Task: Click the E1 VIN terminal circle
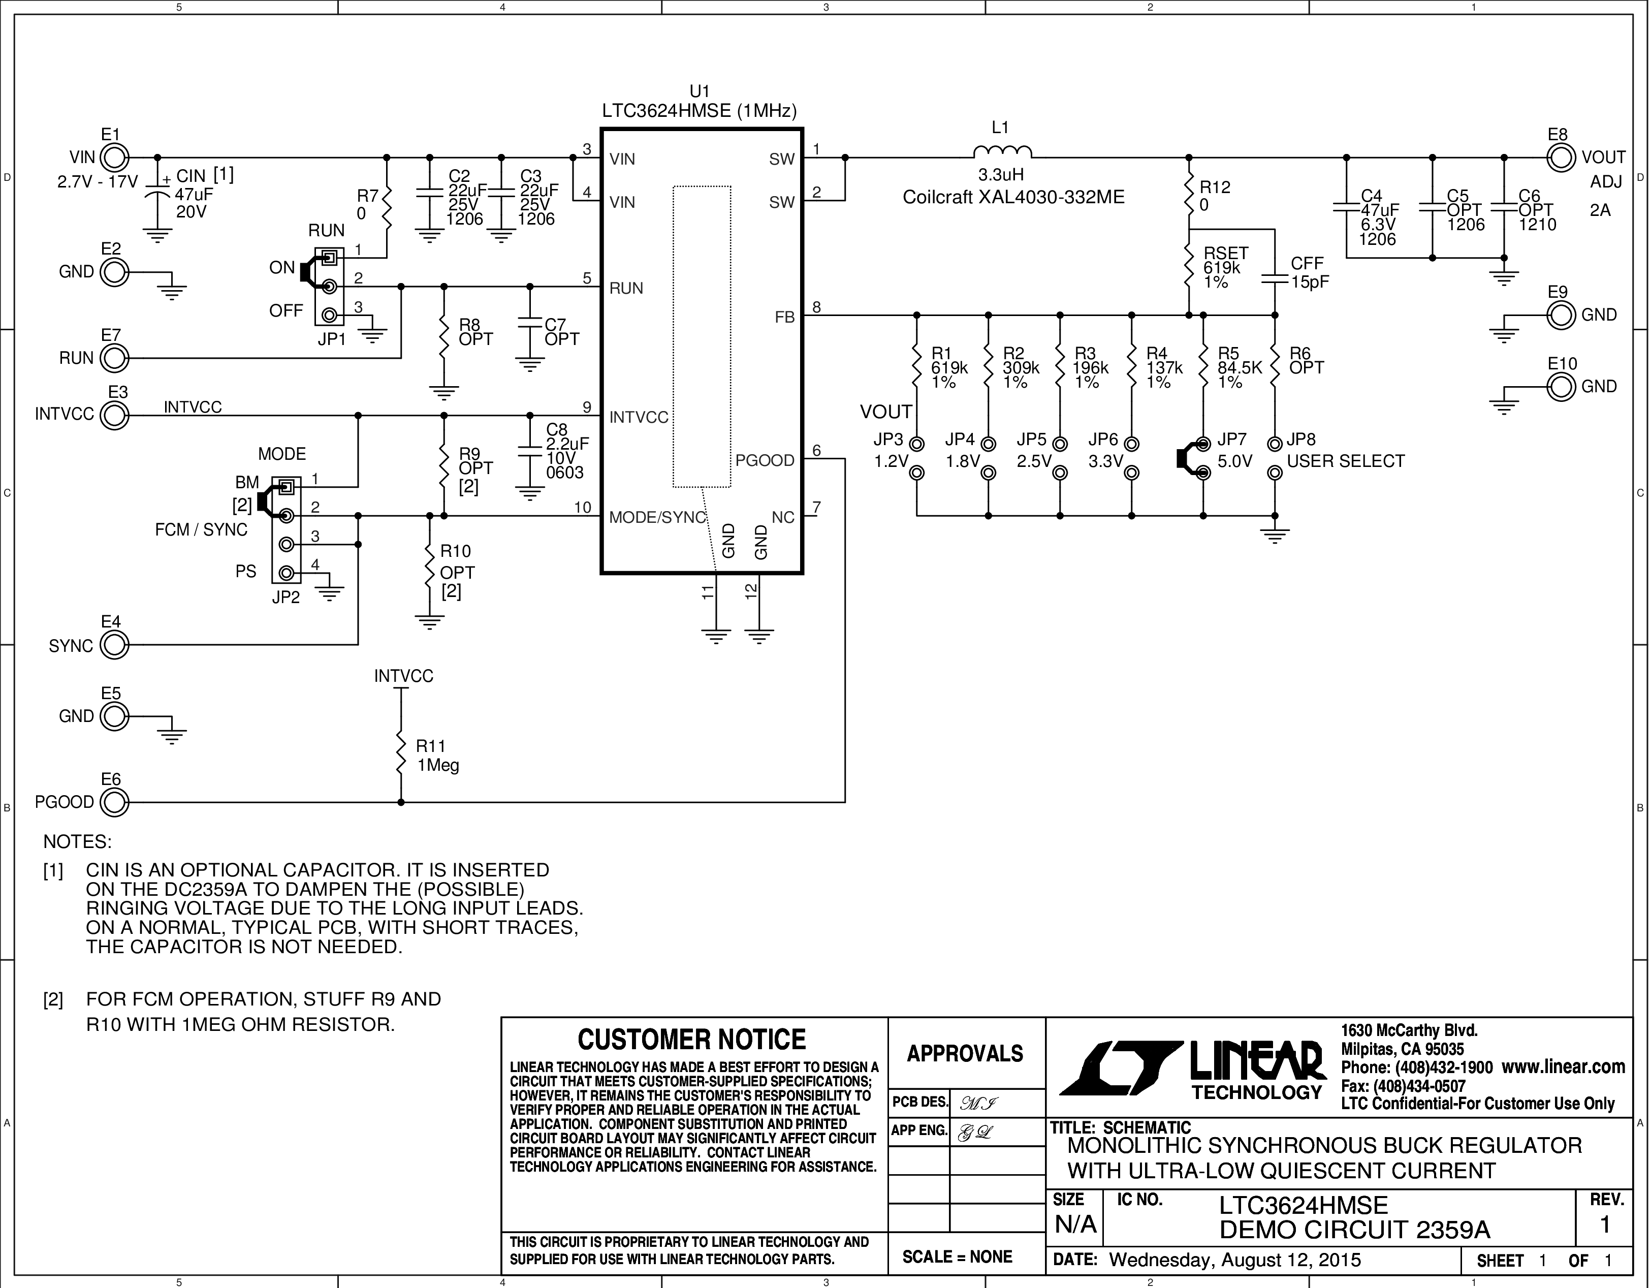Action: tap(114, 158)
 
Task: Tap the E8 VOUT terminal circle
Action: tap(1562, 158)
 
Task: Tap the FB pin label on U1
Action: tap(785, 318)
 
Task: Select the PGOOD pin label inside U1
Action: tap(765, 460)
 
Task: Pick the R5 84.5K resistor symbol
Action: tap(1203, 367)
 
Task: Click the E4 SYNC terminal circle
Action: tap(114, 645)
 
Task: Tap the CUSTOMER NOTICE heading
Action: tap(692, 1040)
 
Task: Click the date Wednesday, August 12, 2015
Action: tap(1235, 1260)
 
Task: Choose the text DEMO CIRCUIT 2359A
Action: tap(1355, 1230)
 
